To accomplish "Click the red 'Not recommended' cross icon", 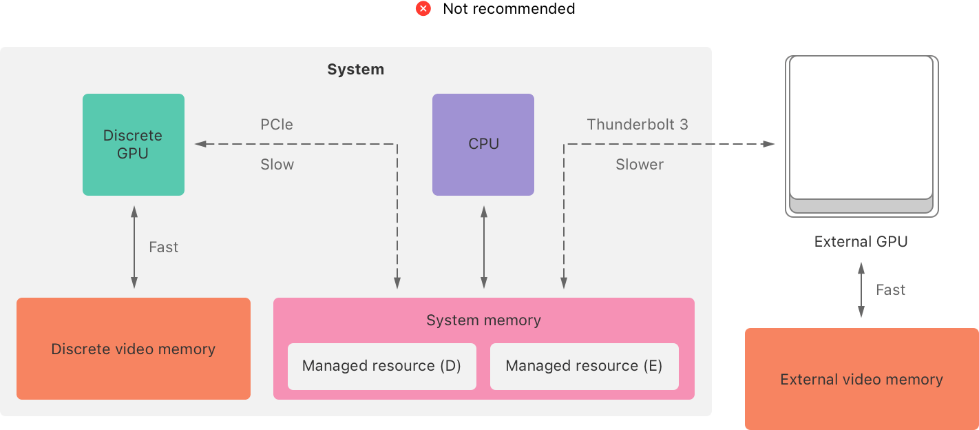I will pyautogui.click(x=423, y=9).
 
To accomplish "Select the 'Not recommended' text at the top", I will pyautogui.click(x=509, y=9).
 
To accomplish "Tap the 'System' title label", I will pyautogui.click(x=355, y=70).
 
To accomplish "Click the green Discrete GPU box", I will pyautogui.click(x=134, y=145).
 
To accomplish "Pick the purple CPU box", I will pyautogui.click(x=483, y=145).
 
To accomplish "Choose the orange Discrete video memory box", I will pyautogui.click(x=134, y=349).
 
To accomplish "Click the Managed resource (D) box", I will pyautogui.click(x=381, y=366).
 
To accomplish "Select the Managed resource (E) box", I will pyautogui.click(x=584, y=366).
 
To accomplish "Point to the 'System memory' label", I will pyautogui.click(x=483, y=320).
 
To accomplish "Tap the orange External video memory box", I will pyautogui.click(x=861, y=380).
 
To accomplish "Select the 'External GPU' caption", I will pyautogui.click(x=861, y=242).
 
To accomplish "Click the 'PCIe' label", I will pyautogui.click(x=277, y=125).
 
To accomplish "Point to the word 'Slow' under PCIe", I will pyautogui.click(x=277, y=165).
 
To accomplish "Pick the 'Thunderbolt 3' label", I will pyautogui.click(x=638, y=125).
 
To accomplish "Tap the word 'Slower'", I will pyautogui.click(x=640, y=165).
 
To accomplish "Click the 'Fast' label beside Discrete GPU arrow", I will pyautogui.click(x=163, y=247).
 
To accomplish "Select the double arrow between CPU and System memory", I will pyautogui.click(x=484, y=247).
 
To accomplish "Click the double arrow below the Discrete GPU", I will pyautogui.click(x=134, y=247).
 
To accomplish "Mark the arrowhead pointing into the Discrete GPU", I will pyautogui.click(x=200, y=144).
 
